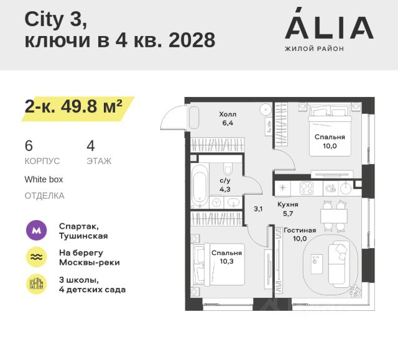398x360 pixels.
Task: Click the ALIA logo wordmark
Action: click(329, 27)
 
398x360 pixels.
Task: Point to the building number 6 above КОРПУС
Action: click(29, 146)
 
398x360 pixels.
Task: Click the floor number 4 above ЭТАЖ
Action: click(91, 146)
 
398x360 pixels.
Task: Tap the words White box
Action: click(44, 179)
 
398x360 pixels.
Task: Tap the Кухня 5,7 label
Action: click(288, 208)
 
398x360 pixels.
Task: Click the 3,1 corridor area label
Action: click(258, 209)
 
